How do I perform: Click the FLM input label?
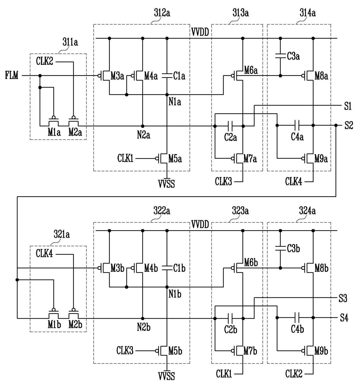[x=12, y=75]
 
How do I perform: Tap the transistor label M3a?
[x=117, y=76]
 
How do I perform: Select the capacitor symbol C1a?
[x=167, y=76]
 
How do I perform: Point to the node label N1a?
[x=175, y=102]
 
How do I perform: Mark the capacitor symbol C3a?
[x=280, y=56]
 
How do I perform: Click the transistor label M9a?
[x=321, y=159]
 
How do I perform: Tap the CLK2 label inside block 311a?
[x=44, y=61]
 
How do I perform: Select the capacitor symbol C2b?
[x=230, y=318]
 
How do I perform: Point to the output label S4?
[x=344, y=318]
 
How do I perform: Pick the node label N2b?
[x=144, y=327]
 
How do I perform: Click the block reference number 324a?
[x=307, y=211]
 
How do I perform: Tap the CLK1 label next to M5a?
[x=125, y=158]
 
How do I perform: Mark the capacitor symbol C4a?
[x=297, y=125]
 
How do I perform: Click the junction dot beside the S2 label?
[x=336, y=125]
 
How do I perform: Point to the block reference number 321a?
[x=62, y=235]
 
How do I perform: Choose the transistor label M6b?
[x=251, y=263]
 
